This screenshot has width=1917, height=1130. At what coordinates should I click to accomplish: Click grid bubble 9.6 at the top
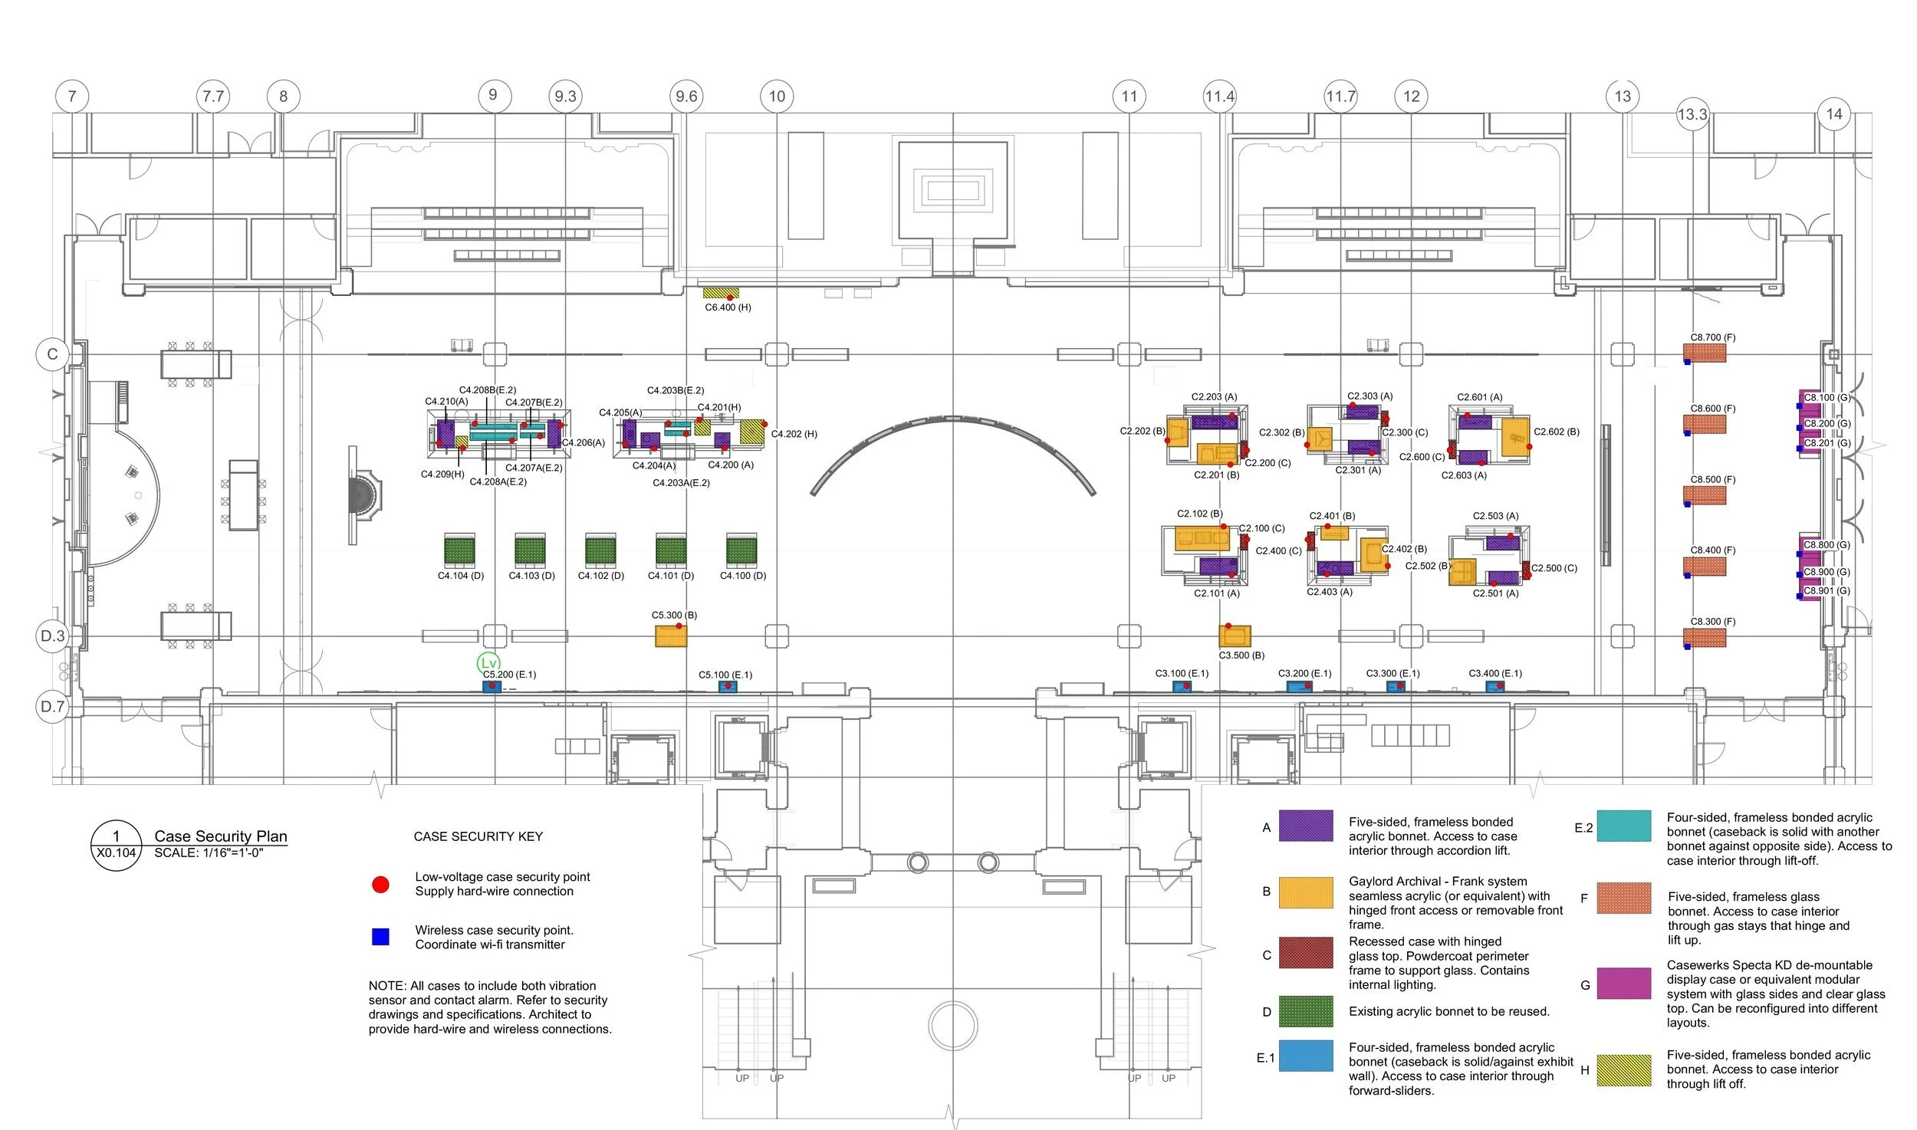pyautogui.click(x=686, y=97)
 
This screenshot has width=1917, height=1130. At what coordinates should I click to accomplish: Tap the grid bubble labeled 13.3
pyautogui.click(x=1692, y=114)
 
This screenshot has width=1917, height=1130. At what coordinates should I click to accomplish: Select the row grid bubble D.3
pyautogui.click(x=53, y=636)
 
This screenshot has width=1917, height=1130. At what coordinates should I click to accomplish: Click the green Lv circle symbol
pyautogui.click(x=488, y=663)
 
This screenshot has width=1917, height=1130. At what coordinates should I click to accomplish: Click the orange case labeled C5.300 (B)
pyautogui.click(x=671, y=636)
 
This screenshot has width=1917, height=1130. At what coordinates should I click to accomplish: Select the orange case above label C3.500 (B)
pyautogui.click(x=1235, y=636)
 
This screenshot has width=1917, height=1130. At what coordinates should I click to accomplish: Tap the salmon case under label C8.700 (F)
pyautogui.click(x=1705, y=353)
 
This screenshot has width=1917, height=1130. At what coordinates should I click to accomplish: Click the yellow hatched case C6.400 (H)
pyautogui.click(x=721, y=293)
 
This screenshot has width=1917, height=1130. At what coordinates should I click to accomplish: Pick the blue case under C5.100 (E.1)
pyautogui.click(x=727, y=686)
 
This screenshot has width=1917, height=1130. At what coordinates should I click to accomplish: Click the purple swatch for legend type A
pyautogui.click(x=1305, y=826)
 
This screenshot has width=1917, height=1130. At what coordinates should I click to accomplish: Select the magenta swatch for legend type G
pyautogui.click(x=1623, y=984)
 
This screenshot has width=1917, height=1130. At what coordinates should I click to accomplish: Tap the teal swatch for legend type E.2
pyautogui.click(x=1623, y=826)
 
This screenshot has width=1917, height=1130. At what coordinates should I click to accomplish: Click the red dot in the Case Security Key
pyautogui.click(x=380, y=885)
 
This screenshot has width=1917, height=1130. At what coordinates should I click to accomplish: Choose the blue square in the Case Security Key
pyautogui.click(x=380, y=937)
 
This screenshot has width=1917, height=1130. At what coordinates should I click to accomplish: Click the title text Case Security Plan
pyautogui.click(x=221, y=836)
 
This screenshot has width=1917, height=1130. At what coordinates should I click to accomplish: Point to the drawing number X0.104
pyautogui.click(x=117, y=852)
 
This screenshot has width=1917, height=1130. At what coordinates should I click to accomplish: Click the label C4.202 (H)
pyautogui.click(x=794, y=434)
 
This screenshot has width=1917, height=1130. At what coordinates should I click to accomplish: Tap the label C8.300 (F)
pyautogui.click(x=1713, y=622)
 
